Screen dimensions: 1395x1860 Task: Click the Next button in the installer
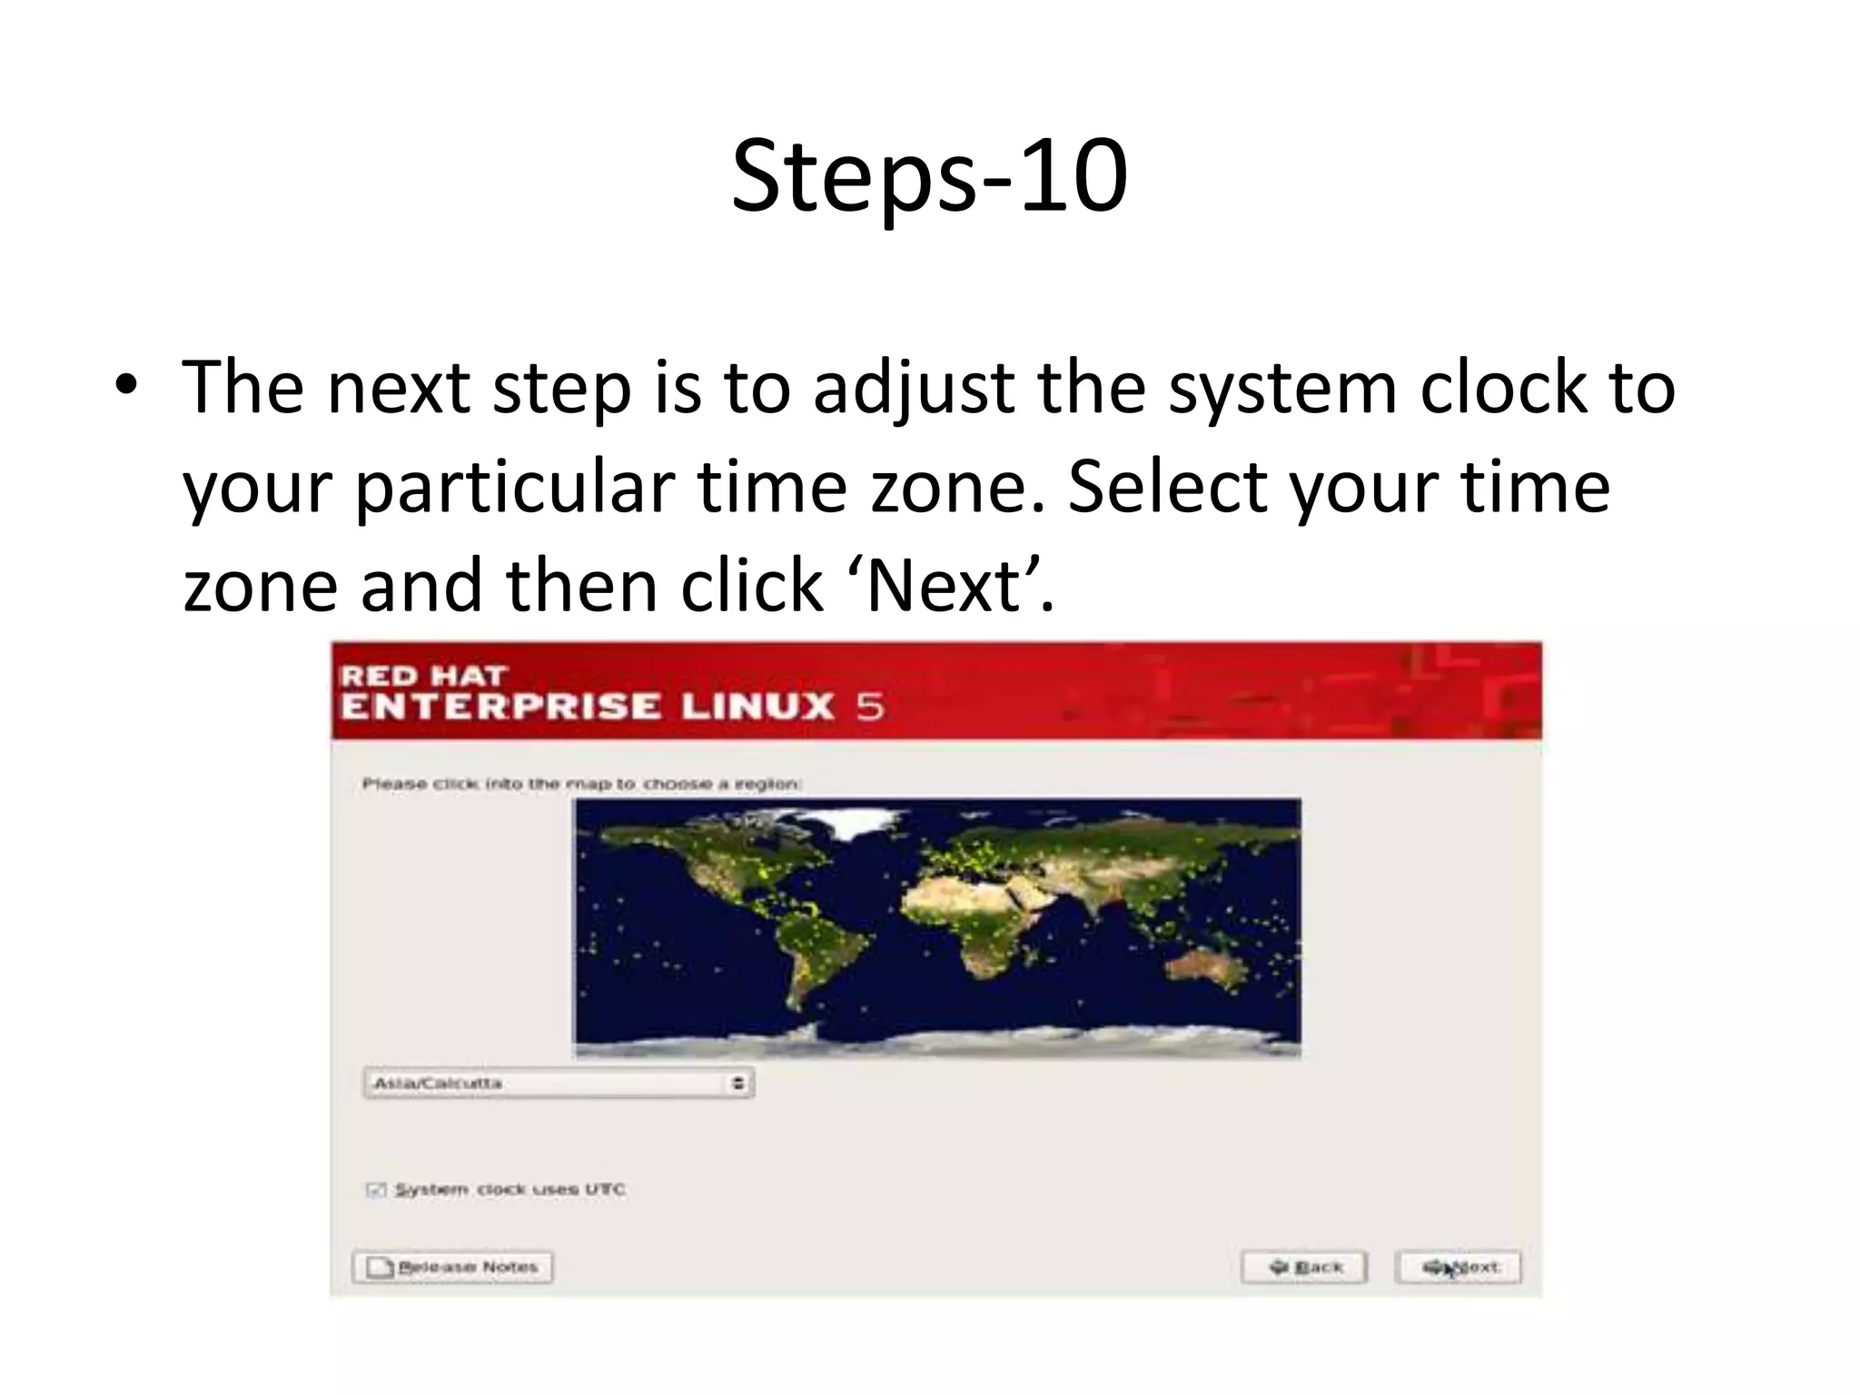pyautogui.click(x=1458, y=1267)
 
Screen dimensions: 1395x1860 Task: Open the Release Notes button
pyautogui.click(x=452, y=1267)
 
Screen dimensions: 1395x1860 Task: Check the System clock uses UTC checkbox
pyautogui.click(x=376, y=1190)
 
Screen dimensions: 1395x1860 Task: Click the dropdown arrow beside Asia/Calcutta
pyautogui.click(x=738, y=1083)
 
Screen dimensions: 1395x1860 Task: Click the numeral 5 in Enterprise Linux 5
pyautogui.click(x=869, y=707)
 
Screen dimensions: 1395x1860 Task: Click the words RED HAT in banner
pyautogui.click(x=422, y=676)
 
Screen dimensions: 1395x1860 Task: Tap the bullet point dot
pyautogui.click(x=126, y=385)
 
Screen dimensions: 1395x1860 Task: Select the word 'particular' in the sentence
pyautogui.click(x=514, y=488)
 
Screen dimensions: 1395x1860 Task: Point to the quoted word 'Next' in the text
pyautogui.click(x=944, y=587)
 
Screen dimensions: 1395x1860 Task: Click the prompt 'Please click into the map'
pyautogui.click(x=581, y=784)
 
